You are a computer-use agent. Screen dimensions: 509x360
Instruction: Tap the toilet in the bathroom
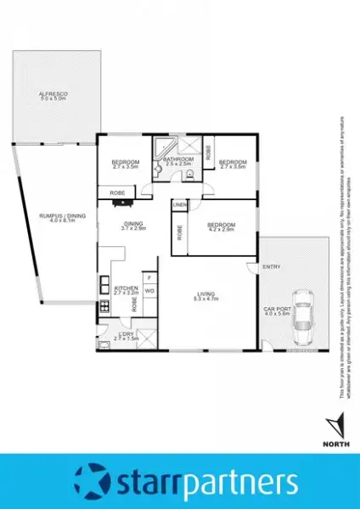189,176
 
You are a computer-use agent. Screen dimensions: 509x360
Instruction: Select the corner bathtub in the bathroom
161,146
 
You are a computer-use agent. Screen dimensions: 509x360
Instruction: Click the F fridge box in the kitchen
149,277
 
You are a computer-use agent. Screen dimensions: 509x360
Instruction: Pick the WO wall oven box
149,290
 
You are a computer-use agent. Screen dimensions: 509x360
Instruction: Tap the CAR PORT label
277,309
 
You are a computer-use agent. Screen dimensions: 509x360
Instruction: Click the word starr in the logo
149,483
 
